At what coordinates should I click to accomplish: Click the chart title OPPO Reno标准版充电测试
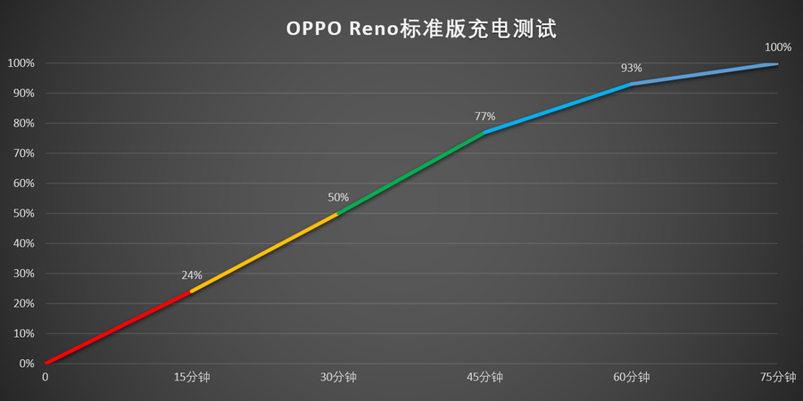420,29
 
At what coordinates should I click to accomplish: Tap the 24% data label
192,275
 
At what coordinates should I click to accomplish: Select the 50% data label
338,198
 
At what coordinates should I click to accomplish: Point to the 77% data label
484,117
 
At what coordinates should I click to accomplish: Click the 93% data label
632,69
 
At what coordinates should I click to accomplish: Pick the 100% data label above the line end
778,47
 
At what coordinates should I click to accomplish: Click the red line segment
118,327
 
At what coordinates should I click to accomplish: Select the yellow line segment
264,252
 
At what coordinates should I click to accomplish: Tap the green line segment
410,173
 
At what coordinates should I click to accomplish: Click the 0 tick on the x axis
46,378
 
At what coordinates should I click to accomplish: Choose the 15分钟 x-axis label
192,378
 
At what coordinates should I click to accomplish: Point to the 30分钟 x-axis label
338,378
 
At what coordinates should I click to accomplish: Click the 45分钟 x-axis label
484,378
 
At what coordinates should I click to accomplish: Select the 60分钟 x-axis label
632,378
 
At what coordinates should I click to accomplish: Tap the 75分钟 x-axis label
777,378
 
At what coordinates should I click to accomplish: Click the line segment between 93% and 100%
705,74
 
